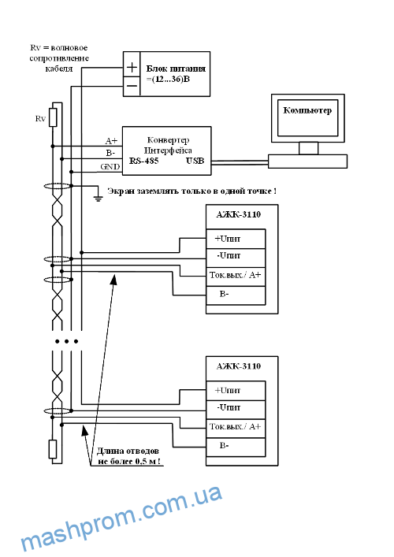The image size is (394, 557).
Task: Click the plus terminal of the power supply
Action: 132,68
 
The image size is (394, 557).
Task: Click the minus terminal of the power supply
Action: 132,87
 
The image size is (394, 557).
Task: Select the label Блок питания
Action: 176,69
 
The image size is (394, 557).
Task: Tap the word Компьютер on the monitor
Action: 307,110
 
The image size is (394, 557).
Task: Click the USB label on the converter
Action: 195,161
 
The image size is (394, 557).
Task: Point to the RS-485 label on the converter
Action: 143,161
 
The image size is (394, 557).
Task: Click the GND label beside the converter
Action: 110,166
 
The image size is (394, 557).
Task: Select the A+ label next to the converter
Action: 111,141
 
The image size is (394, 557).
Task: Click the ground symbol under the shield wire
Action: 98,197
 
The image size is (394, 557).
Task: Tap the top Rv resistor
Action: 53,117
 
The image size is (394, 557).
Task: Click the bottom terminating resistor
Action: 53,449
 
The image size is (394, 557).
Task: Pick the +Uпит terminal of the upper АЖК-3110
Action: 236,239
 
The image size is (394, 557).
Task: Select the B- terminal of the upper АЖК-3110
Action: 236,295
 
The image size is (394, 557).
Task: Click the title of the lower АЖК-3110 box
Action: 239,366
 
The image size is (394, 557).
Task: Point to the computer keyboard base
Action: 307,162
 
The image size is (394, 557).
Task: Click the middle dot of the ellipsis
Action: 67,341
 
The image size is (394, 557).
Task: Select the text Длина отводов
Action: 128,451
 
